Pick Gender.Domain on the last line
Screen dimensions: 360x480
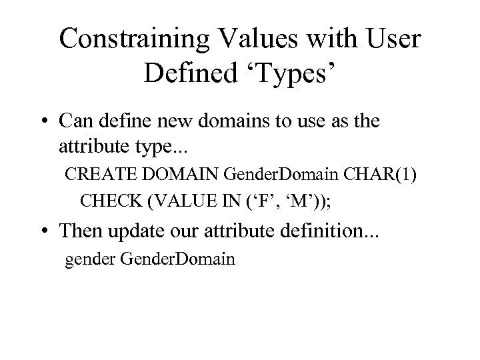178,258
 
